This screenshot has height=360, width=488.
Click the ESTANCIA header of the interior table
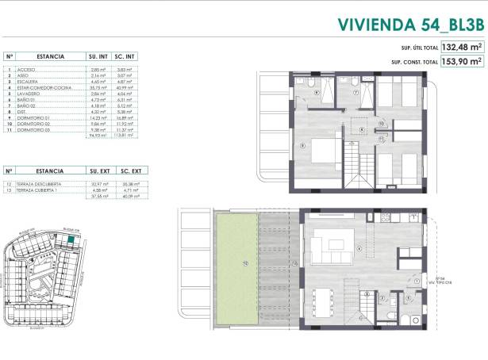click(x=49, y=57)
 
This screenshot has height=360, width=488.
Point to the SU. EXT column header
click(x=100, y=170)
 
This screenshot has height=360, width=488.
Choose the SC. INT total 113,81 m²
click(x=123, y=136)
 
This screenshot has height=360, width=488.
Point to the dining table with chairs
click(x=323, y=300)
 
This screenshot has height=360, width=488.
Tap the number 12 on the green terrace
click(x=246, y=263)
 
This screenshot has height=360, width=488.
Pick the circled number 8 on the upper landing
click(x=361, y=129)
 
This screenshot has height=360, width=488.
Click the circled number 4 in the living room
click(x=359, y=249)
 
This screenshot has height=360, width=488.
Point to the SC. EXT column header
click(x=130, y=170)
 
